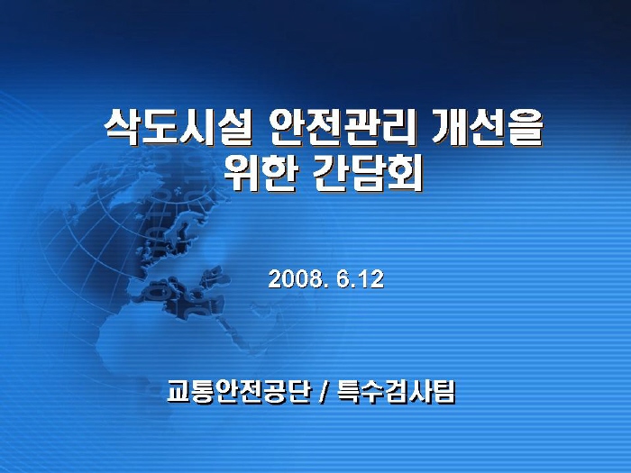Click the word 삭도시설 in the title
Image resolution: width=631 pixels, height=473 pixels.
(x=178, y=129)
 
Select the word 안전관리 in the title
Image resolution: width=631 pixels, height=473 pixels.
(x=343, y=129)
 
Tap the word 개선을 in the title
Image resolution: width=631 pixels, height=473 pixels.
(x=488, y=129)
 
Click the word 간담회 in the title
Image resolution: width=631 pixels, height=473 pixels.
(x=368, y=173)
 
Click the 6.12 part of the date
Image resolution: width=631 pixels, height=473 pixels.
(x=361, y=278)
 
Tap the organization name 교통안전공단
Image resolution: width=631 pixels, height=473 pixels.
(x=240, y=391)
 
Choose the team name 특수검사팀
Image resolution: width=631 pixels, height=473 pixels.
(x=396, y=391)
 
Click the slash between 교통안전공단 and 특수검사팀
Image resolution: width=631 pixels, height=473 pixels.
(x=324, y=391)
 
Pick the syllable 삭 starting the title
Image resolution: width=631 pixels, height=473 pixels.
(x=123, y=129)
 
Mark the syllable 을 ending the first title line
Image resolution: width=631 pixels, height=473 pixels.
(x=526, y=129)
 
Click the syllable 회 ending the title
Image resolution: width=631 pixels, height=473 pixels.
(x=405, y=173)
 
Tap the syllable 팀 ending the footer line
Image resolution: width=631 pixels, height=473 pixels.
(x=444, y=391)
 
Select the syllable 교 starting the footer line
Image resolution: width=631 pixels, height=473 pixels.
(x=179, y=391)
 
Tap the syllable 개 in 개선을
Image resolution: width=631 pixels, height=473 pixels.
(x=451, y=129)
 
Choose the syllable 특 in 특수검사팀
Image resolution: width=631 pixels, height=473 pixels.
(x=348, y=391)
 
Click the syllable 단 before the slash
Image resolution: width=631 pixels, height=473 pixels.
(x=300, y=391)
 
